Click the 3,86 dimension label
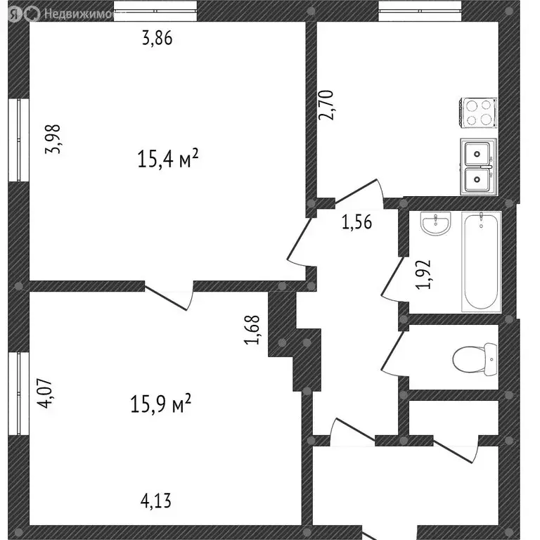click(x=157, y=39)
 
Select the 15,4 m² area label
click(x=167, y=159)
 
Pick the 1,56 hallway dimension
click(x=356, y=224)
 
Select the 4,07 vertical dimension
click(x=46, y=394)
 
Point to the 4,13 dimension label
click(x=156, y=501)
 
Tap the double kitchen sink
click(x=478, y=167)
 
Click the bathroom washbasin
click(x=432, y=224)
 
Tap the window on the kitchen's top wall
click(x=420, y=8)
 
